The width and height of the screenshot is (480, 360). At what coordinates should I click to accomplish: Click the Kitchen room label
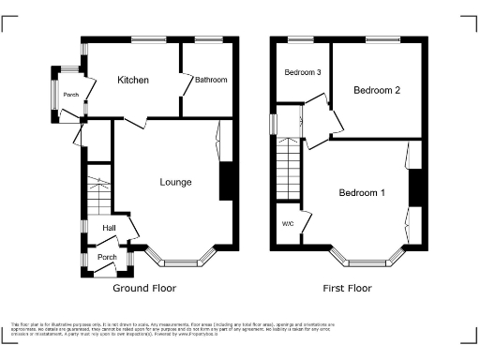point(133,81)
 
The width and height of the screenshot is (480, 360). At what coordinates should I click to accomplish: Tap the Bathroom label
point(211,81)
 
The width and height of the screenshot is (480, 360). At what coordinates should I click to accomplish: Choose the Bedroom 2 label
point(377,91)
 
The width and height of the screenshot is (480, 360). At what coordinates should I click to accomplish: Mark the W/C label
point(288,224)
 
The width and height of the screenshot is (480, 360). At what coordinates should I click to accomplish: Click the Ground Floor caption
point(144,289)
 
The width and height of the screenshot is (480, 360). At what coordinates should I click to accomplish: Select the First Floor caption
point(347,289)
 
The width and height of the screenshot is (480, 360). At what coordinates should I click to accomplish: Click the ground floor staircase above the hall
point(97,192)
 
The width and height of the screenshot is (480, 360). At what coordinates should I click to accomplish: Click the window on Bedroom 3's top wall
point(301,39)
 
